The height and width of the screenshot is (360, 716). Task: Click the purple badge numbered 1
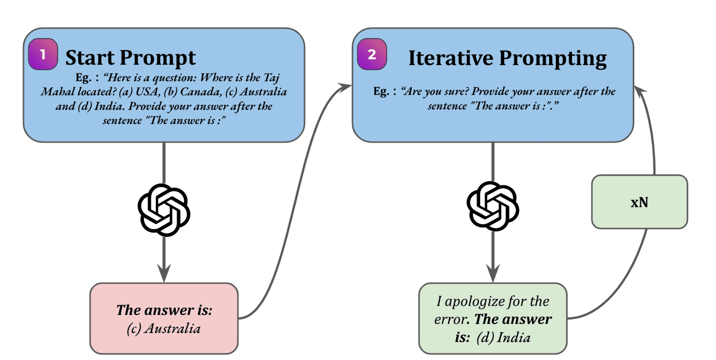point(43,54)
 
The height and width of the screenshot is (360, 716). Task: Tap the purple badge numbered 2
point(372,54)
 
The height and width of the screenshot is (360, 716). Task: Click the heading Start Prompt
point(130,58)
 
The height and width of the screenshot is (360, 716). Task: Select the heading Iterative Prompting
point(507,58)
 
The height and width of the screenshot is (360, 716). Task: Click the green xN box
point(639,202)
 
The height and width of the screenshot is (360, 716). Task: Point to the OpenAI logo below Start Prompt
point(164,210)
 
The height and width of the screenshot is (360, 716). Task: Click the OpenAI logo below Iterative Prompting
point(493,206)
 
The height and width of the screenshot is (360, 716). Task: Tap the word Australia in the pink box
point(173,329)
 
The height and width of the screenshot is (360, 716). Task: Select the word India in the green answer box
point(514,338)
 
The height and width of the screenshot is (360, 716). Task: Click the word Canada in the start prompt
point(201,92)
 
